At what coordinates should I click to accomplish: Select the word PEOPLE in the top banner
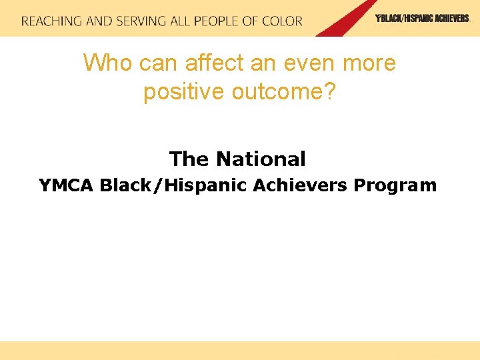pos(218,21)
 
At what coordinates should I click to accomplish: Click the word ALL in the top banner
pos(179,21)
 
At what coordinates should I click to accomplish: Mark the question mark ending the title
pos(329,92)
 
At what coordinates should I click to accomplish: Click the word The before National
pos(189,159)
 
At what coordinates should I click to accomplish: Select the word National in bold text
pos(261,159)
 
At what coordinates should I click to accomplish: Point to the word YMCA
pos(67,185)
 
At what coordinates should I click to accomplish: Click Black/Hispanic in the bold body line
pos(173,185)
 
